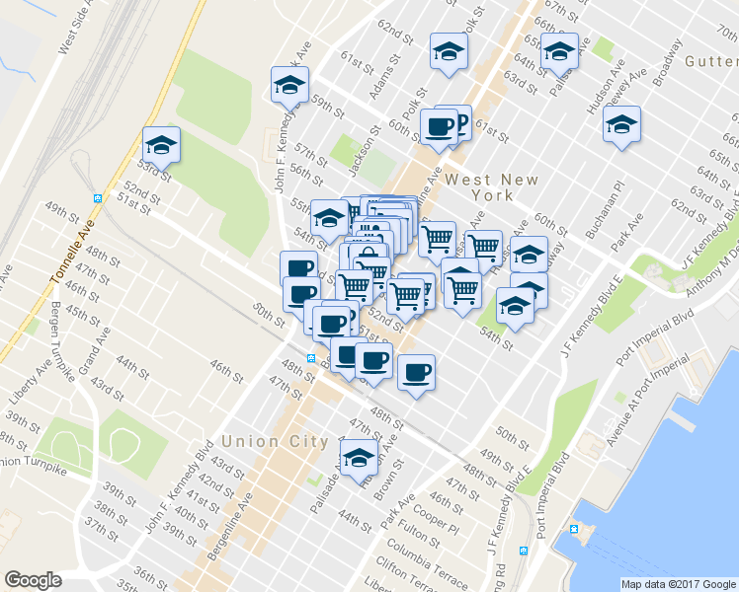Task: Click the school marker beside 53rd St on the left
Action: [161, 145]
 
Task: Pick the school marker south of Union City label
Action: [359, 457]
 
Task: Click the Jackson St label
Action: [364, 142]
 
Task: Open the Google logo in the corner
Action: [33, 579]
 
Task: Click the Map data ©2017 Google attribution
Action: [678, 584]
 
